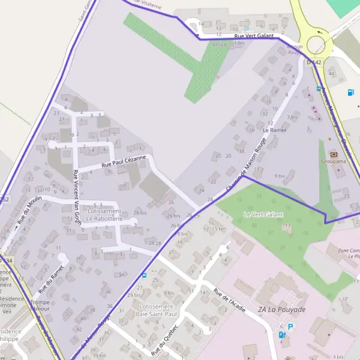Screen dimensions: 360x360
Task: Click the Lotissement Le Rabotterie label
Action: (104, 215)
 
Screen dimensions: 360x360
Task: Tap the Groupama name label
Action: (334, 161)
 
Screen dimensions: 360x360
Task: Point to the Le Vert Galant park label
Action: (263, 214)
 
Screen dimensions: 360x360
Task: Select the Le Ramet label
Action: (274, 130)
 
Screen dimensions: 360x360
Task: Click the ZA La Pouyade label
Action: (281, 310)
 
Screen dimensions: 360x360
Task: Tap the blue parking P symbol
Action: (291, 327)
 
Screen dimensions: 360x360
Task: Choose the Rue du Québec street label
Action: (166, 340)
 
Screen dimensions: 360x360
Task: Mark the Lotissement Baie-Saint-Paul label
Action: (154, 310)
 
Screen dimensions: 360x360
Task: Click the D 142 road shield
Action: (314, 62)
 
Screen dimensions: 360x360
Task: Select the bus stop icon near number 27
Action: (144, 275)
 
